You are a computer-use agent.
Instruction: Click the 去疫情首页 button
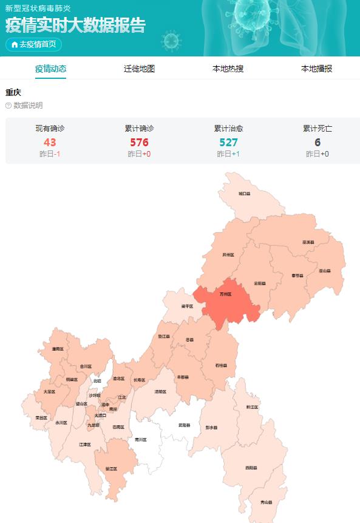click(x=34, y=44)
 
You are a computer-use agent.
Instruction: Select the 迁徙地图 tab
click(x=140, y=69)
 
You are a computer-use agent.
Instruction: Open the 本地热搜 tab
click(x=228, y=69)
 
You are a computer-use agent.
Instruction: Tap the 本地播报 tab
click(x=317, y=69)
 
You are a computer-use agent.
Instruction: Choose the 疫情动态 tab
click(x=50, y=69)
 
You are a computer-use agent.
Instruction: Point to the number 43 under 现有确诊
click(x=50, y=143)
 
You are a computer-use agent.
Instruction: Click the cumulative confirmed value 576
click(x=139, y=143)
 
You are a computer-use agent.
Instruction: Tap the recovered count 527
click(x=228, y=143)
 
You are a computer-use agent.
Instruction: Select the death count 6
click(x=318, y=143)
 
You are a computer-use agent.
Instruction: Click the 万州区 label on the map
click(x=226, y=294)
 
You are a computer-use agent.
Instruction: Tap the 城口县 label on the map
click(x=244, y=194)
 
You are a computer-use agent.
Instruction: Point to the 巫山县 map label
click(x=325, y=271)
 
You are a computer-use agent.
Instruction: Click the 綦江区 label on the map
click(x=111, y=468)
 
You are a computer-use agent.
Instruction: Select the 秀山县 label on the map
click(x=266, y=502)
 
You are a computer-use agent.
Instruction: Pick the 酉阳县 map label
click(x=251, y=468)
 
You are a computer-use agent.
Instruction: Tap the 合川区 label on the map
click(x=86, y=366)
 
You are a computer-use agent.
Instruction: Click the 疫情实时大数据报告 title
click(x=75, y=25)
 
